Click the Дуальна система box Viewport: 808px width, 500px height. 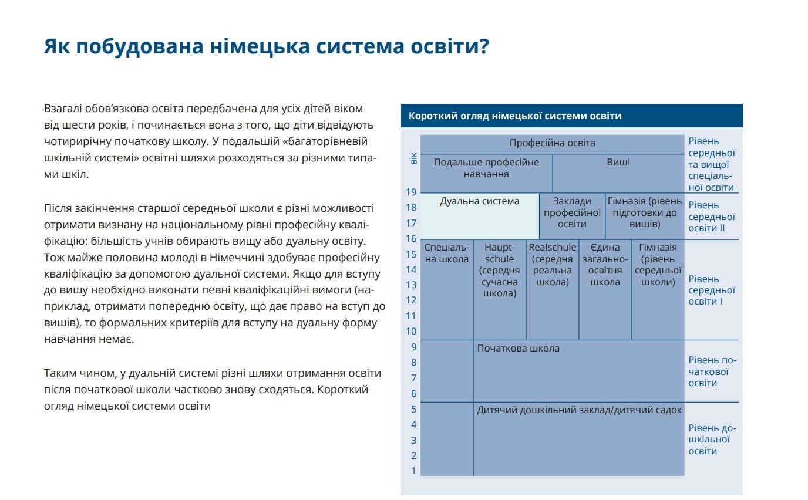click(x=480, y=215)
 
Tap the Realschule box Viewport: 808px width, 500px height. click(x=552, y=265)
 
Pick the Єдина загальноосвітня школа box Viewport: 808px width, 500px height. click(x=605, y=265)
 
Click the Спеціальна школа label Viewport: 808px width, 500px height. click(x=446, y=254)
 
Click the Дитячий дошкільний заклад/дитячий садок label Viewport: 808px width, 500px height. click(x=579, y=410)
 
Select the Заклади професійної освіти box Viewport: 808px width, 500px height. click(x=572, y=212)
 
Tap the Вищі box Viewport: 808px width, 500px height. click(x=618, y=162)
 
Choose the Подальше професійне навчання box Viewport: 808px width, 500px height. click(x=486, y=168)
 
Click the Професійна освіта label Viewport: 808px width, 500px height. click(x=552, y=143)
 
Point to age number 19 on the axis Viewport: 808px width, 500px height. click(x=411, y=192)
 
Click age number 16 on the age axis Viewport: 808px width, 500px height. click(x=411, y=239)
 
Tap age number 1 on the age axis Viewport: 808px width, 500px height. click(x=413, y=471)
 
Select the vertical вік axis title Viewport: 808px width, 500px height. click(x=413, y=158)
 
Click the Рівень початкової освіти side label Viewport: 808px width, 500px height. click(x=712, y=371)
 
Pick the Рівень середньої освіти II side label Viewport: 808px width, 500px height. click(x=712, y=217)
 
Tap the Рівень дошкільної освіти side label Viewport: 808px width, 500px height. click(x=712, y=440)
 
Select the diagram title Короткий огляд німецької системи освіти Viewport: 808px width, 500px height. click(x=514, y=116)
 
